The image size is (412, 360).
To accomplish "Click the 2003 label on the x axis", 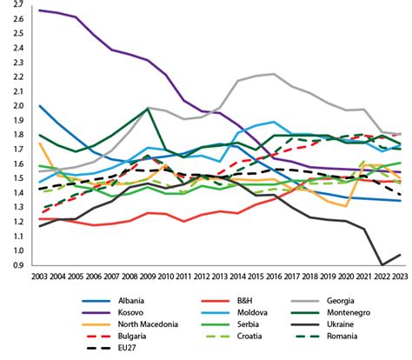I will pos(39,277).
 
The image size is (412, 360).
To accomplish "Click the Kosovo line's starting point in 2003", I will pos(40,10).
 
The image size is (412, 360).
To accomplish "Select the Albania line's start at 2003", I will pos(40,106).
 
